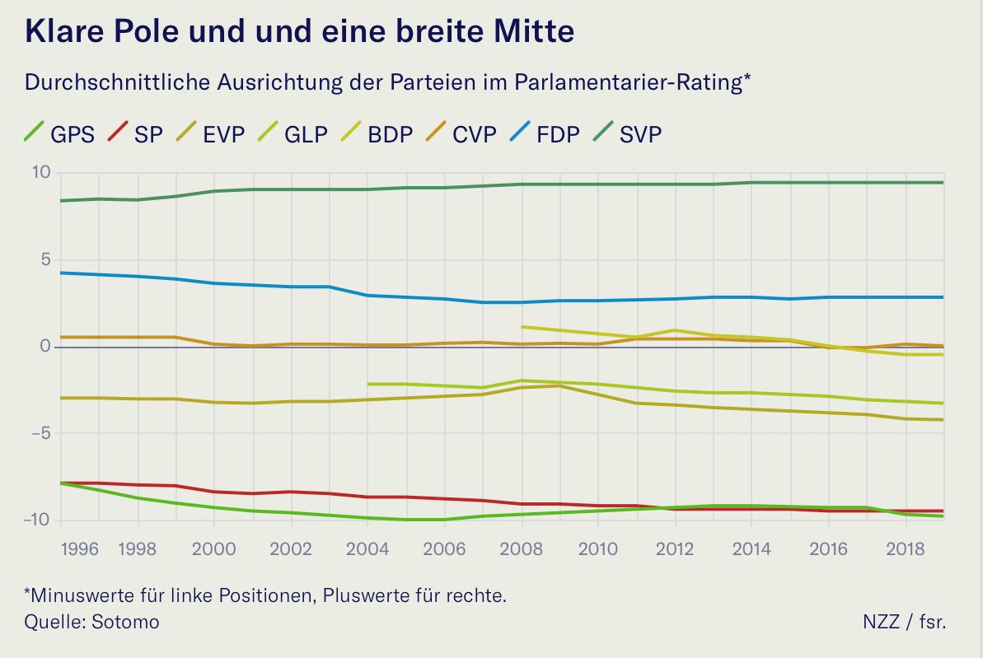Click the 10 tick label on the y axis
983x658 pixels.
(41, 173)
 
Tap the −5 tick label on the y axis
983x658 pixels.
(38, 433)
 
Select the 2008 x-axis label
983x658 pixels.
(522, 548)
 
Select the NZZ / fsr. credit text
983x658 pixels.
(906, 622)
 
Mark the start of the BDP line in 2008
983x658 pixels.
(522, 327)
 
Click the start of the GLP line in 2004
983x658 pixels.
(367, 384)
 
